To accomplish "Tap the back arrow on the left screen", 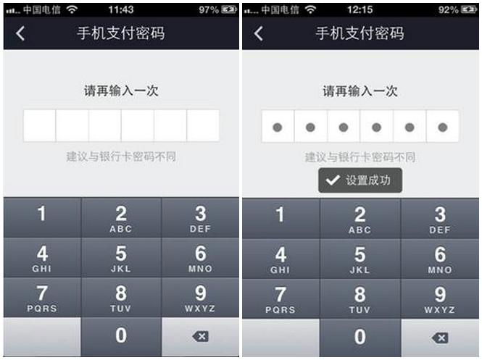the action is click(x=20, y=33).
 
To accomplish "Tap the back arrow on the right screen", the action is click(x=259, y=33).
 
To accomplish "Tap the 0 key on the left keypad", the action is click(x=121, y=337).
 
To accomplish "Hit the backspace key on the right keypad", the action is click(x=440, y=338).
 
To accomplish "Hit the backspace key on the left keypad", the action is click(x=201, y=337).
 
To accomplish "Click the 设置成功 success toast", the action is click(x=360, y=180).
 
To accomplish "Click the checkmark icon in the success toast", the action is click(x=333, y=180).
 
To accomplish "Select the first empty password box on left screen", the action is click(x=40, y=125).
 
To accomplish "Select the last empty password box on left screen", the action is click(x=203, y=125).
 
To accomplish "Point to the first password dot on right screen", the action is click(x=278, y=127).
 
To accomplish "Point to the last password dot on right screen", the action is click(x=443, y=127).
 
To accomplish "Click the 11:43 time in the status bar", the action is click(x=121, y=10).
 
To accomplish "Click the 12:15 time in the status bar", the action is click(x=360, y=10).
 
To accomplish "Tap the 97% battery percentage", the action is click(x=209, y=10).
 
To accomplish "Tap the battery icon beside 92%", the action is click(x=469, y=10).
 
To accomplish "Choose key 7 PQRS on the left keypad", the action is click(x=42, y=297).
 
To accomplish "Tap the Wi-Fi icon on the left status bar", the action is click(x=72, y=10).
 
